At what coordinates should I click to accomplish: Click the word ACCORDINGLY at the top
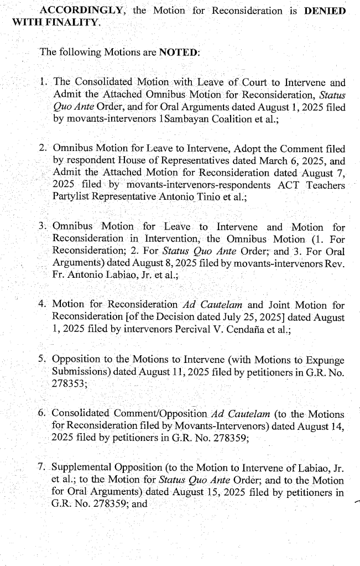click(72, 11)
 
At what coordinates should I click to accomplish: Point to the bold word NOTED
click(179, 53)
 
